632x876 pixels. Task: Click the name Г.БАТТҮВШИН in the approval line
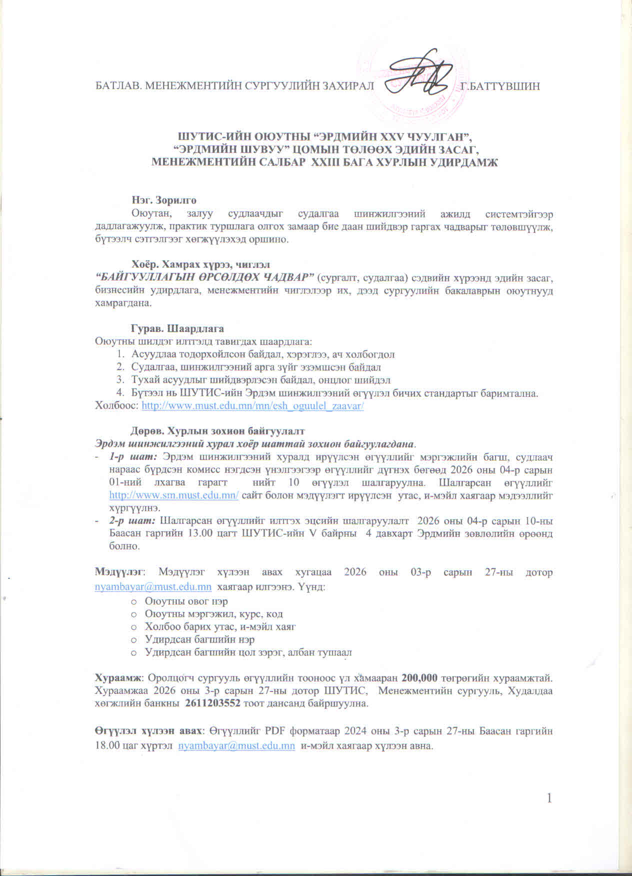pos(500,86)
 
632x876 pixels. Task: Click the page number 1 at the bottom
pos(550,798)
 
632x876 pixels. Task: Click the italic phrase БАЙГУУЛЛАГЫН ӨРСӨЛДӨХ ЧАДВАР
pos(204,277)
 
